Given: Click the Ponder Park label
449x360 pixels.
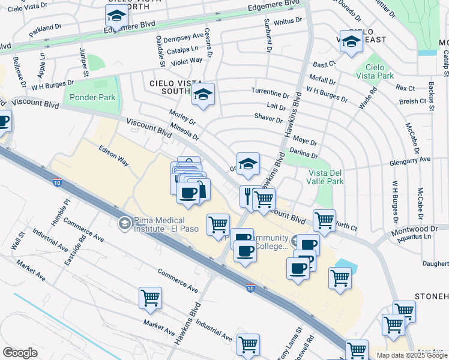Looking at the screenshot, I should click(x=92, y=97).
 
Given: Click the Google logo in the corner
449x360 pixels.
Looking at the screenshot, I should click(x=20, y=353).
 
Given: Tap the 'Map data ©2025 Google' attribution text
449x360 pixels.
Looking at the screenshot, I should click(x=411, y=355).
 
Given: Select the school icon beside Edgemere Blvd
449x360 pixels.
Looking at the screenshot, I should click(x=116, y=16).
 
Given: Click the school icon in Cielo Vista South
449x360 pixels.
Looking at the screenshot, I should click(x=203, y=94).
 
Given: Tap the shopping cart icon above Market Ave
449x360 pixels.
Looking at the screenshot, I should click(x=150, y=298).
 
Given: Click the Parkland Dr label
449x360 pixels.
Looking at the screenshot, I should click(x=45, y=28).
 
